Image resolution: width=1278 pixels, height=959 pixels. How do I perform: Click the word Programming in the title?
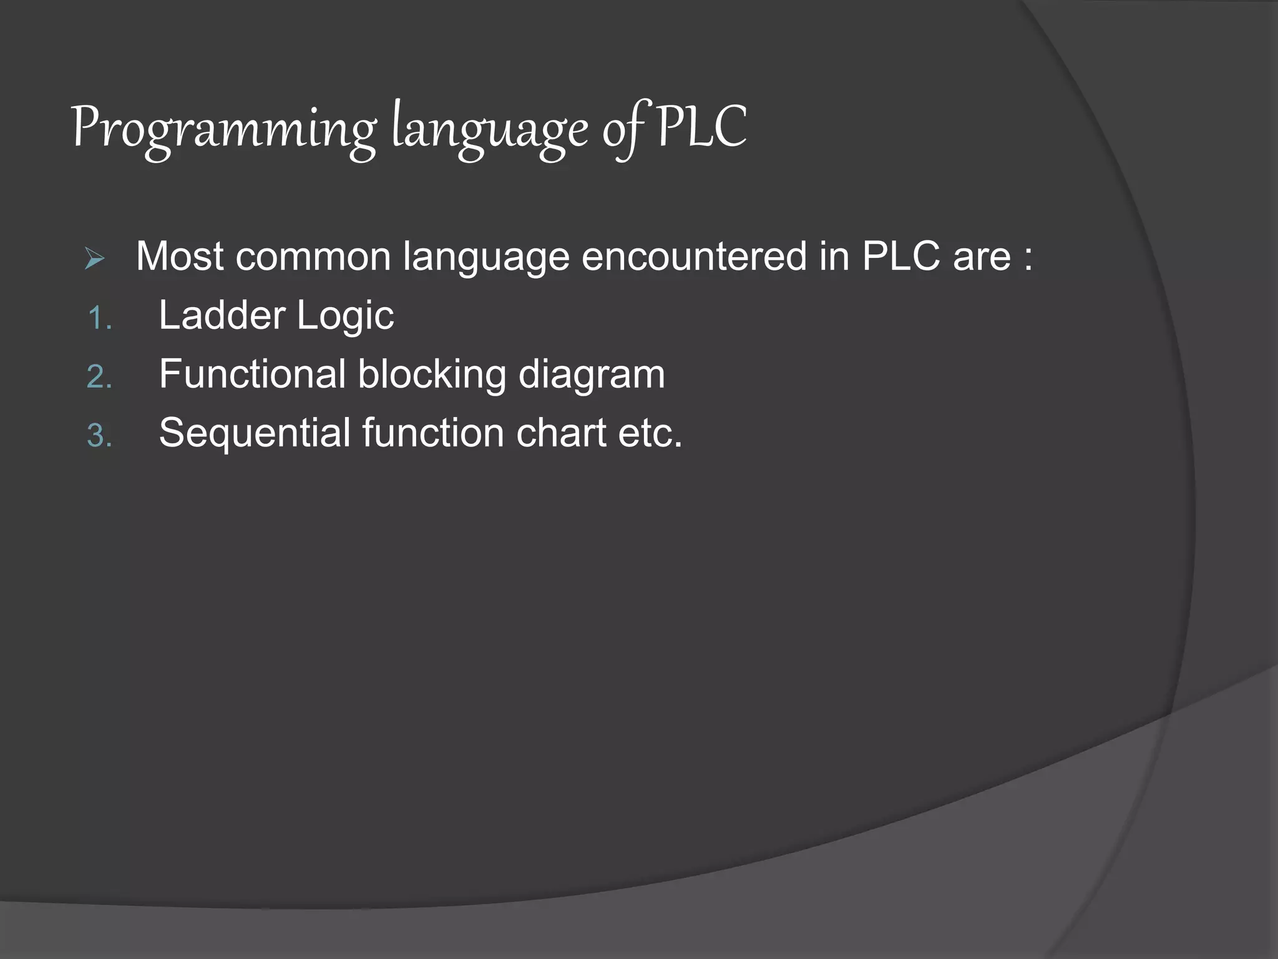pyautogui.click(x=223, y=129)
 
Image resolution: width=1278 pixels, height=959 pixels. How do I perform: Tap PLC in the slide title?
pyautogui.click(x=701, y=127)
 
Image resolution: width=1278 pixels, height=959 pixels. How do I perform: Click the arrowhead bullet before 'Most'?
pyautogui.click(x=95, y=258)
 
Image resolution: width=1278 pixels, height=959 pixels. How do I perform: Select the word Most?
pyautogui.click(x=180, y=256)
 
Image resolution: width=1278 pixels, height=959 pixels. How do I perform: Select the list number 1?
pyautogui.click(x=99, y=319)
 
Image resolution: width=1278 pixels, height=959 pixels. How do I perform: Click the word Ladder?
pyautogui.click(x=222, y=315)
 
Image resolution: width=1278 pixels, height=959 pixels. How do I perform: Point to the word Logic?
pyautogui.click(x=345, y=316)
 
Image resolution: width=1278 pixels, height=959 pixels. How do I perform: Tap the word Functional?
pyautogui.click(x=252, y=374)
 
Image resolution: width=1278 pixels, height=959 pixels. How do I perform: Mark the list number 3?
pyautogui.click(x=99, y=436)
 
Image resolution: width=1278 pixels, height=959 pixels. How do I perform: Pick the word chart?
pyautogui.click(x=561, y=433)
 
